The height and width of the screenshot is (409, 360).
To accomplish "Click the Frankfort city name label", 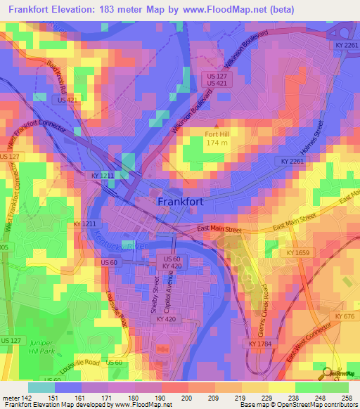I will (x=181, y=201).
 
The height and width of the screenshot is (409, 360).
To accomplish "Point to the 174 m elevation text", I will (x=216, y=143).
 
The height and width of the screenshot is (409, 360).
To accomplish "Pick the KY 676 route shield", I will (x=345, y=317).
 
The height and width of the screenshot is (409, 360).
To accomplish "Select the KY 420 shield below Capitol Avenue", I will (x=167, y=318).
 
